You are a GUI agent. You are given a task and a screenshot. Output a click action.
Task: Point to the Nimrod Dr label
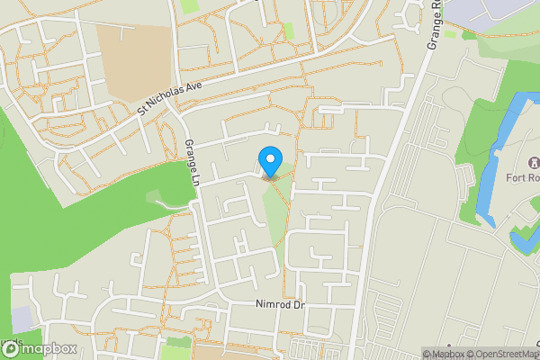(281, 306)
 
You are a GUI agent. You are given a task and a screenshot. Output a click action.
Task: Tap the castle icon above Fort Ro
(533, 163)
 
